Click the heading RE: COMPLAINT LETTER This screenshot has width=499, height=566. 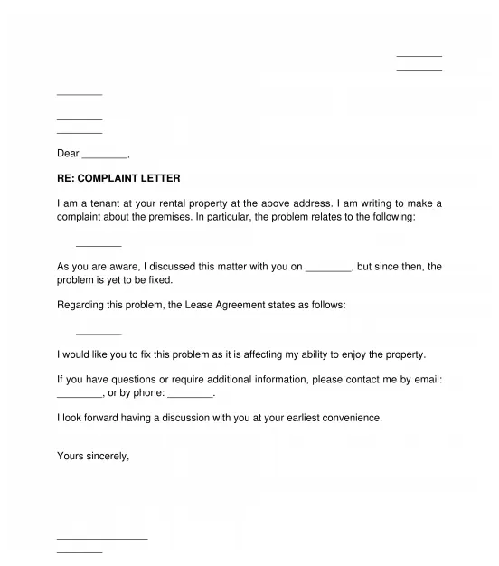tap(118, 179)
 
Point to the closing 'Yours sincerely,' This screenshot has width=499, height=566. tap(93, 456)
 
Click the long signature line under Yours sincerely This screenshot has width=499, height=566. tap(101, 539)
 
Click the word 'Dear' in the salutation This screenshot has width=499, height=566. tap(68, 154)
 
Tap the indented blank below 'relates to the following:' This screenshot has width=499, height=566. tap(99, 245)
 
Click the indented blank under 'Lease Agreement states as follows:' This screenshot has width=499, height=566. tap(99, 333)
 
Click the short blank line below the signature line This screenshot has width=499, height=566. tap(80, 551)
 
